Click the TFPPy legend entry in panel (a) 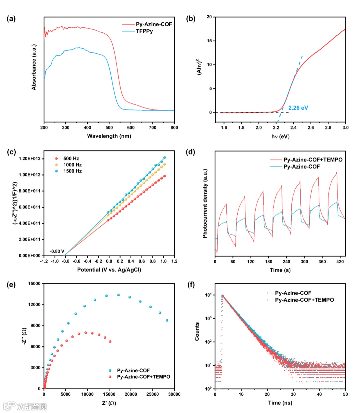point(144,31)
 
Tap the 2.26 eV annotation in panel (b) point(298,108)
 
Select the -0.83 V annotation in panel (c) point(57,251)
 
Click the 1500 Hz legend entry point(72,171)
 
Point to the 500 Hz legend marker point(57,158)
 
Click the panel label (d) point(190,152)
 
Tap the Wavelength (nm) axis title point(109,136)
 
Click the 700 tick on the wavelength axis point(153,127)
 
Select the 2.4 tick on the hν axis point(293,127)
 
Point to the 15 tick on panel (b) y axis point(209,41)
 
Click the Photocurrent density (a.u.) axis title point(205,203)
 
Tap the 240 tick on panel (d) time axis point(286,262)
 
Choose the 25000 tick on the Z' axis point(152,394)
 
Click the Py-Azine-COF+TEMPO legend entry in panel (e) point(143,377)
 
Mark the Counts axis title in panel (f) point(197,331)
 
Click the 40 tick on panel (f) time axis point(319,394)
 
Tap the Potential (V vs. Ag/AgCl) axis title point(109,270)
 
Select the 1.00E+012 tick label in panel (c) point(30,174)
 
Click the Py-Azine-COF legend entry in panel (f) point(293,293)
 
